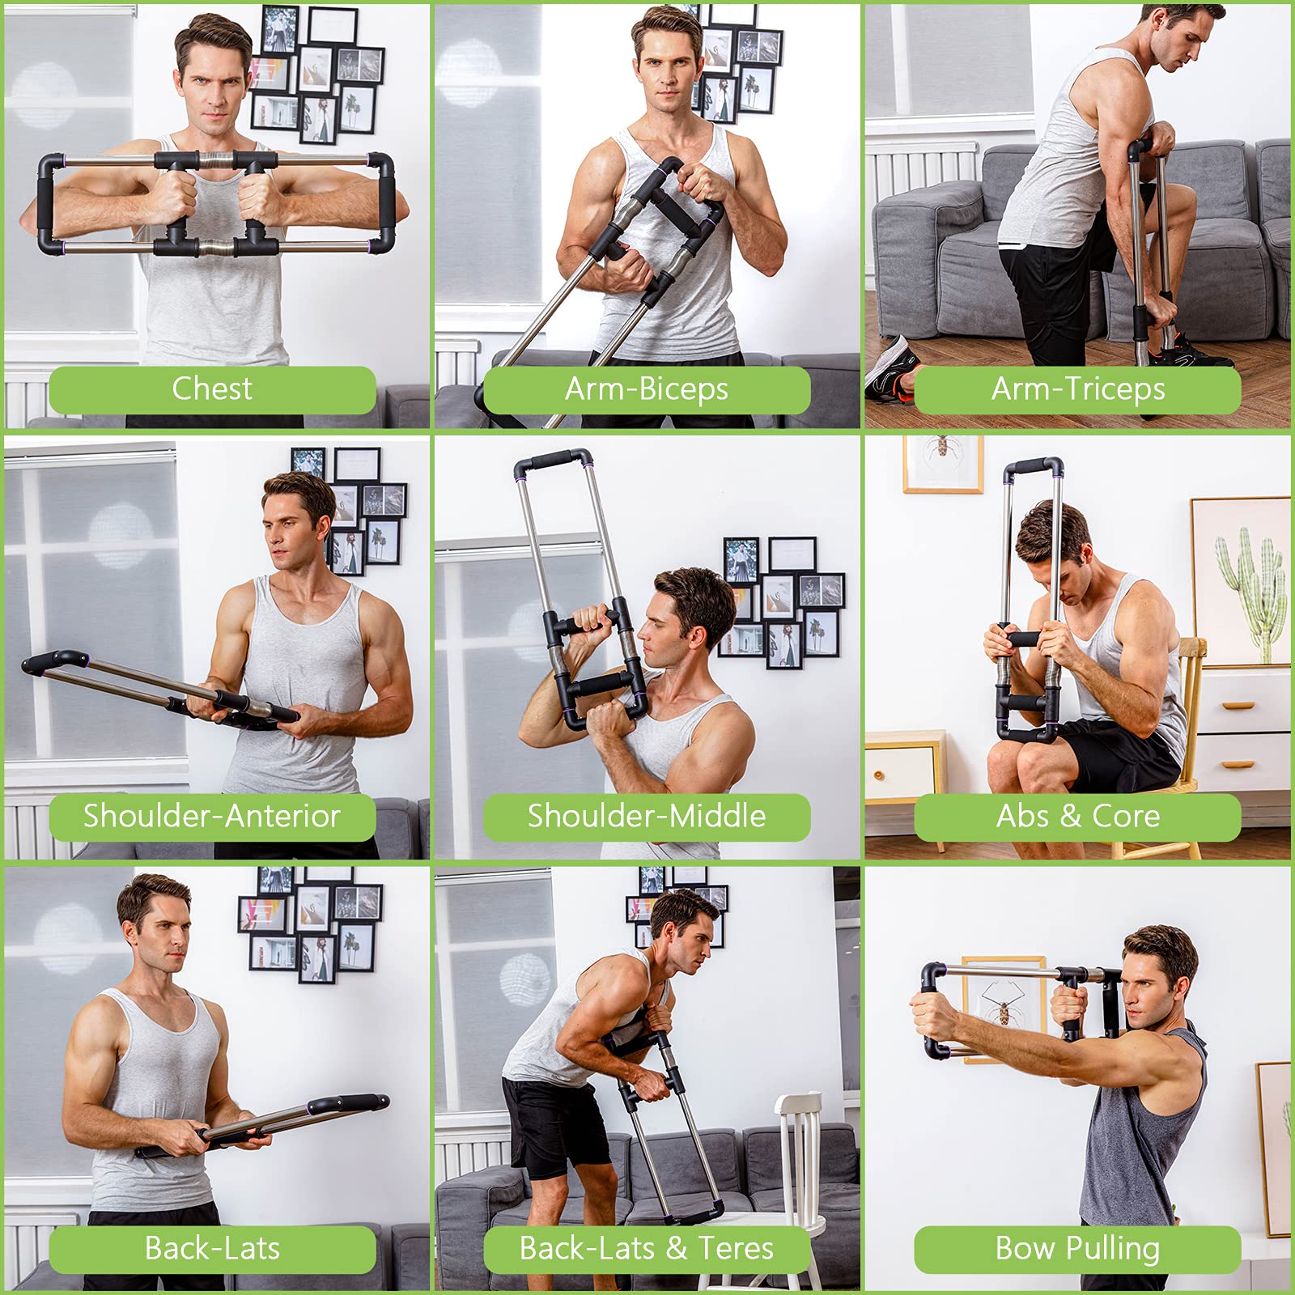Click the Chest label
tap(212, 389)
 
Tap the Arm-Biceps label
tap(646, 389)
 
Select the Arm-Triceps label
tap(1077, 389)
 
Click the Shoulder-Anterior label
tap(212, 816)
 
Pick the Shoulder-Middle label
tap(646, 816)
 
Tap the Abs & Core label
tap(1077, 816)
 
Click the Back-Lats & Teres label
tap(646, 1248)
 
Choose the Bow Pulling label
tap(1077, 1248)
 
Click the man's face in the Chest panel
tap(212, 89)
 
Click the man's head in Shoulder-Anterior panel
tap(295, 518)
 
